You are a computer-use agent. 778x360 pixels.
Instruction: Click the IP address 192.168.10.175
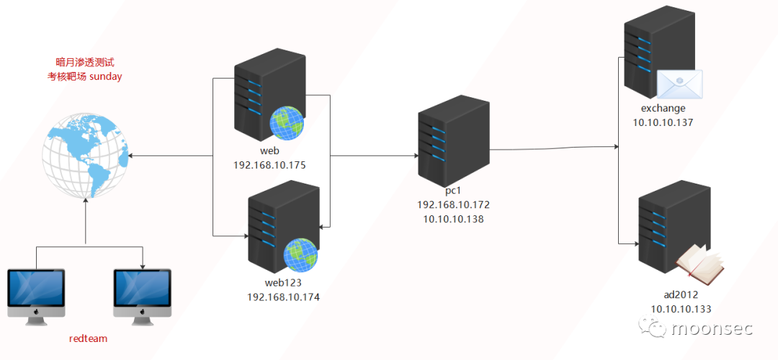point(269,166)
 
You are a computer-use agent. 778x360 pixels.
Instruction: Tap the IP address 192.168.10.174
point(283,297)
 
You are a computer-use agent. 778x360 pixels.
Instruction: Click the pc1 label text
point(453,191)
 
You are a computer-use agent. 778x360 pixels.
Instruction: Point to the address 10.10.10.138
point(453,219)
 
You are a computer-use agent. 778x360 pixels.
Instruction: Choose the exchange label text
point(663,109)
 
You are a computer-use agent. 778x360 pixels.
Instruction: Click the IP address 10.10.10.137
point(663,123)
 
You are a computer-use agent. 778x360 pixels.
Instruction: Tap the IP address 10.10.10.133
point(681,309)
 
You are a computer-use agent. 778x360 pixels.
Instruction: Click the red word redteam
point(88,338)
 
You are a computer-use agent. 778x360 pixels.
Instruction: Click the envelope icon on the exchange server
point(679,84)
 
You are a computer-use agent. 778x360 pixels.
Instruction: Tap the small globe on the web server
point(286,123)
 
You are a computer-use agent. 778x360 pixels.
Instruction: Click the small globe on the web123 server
point(300,254)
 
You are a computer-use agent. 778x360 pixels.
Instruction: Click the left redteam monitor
point(35,292)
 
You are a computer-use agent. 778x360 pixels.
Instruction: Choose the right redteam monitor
point(143,292)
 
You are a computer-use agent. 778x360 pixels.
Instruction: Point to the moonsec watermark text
point(711,330)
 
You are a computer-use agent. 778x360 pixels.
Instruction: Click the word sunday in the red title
point(105,76)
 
